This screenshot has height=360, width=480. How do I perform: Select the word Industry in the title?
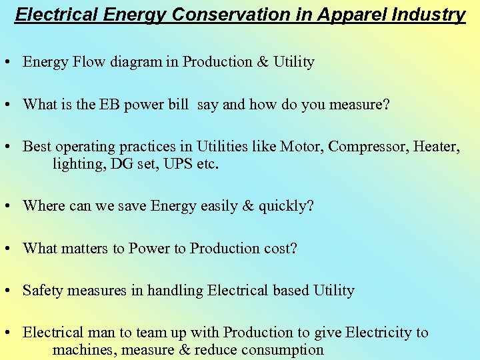(x=433, y=14)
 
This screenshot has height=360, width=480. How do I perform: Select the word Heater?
(x=436, y=146)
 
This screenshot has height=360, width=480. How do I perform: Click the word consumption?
(x=283, y=349)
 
